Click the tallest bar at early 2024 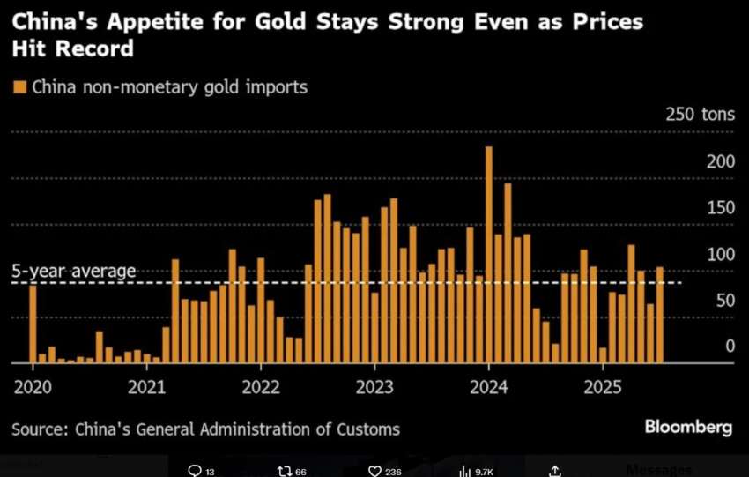489,256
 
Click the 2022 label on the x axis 261,386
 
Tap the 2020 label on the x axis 33,386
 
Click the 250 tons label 697,115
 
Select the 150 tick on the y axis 720,208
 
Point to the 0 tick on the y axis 730,347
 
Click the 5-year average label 74,271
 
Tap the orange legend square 19,87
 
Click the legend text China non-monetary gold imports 169,87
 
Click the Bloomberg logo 688,428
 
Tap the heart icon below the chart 374,471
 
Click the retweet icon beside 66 285,471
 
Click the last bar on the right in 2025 660,315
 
